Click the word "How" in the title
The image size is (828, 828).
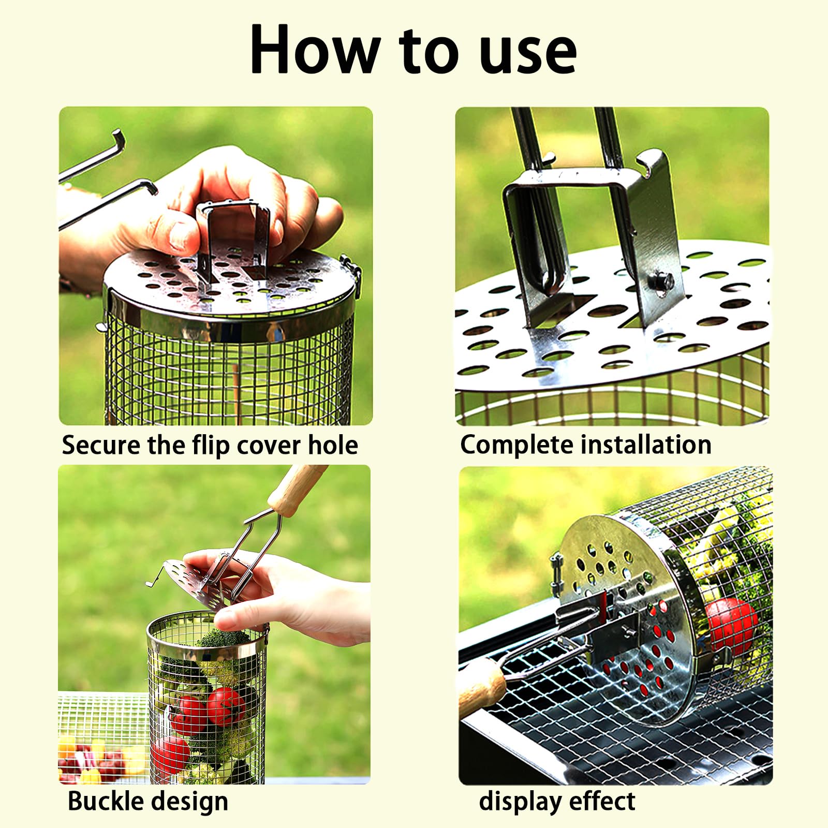[315, 50]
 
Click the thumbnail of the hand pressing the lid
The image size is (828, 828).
[216, 265]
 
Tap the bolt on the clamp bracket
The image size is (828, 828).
[662, 282]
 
